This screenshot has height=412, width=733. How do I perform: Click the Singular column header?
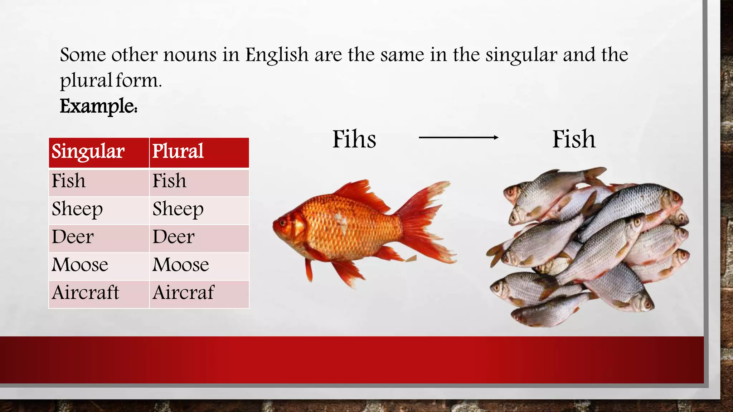tap(88, 152)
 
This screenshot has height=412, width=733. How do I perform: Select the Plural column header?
tap(178, 152)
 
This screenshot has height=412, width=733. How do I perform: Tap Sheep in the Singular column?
tap(77, 209)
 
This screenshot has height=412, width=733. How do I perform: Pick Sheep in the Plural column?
tap(178, 209)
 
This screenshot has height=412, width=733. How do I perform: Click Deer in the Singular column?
tap(73, 237)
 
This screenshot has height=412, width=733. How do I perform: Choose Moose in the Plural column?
tap(181, 265)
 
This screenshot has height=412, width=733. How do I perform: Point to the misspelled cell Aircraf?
tap(183, 293)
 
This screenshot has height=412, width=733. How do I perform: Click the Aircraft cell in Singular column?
tap(85, 293)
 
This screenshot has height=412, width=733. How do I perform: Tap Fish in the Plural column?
tap(169, 181)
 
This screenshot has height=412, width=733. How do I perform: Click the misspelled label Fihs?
tap(354, 139)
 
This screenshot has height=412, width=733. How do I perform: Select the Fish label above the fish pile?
tap(574, 139)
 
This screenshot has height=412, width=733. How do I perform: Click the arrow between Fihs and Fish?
tap(458, 137)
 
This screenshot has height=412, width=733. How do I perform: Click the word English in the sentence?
tap(277, 55)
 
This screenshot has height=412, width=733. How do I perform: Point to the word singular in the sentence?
tap(521, 55)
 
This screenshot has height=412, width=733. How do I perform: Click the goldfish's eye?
tap(283, 223)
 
